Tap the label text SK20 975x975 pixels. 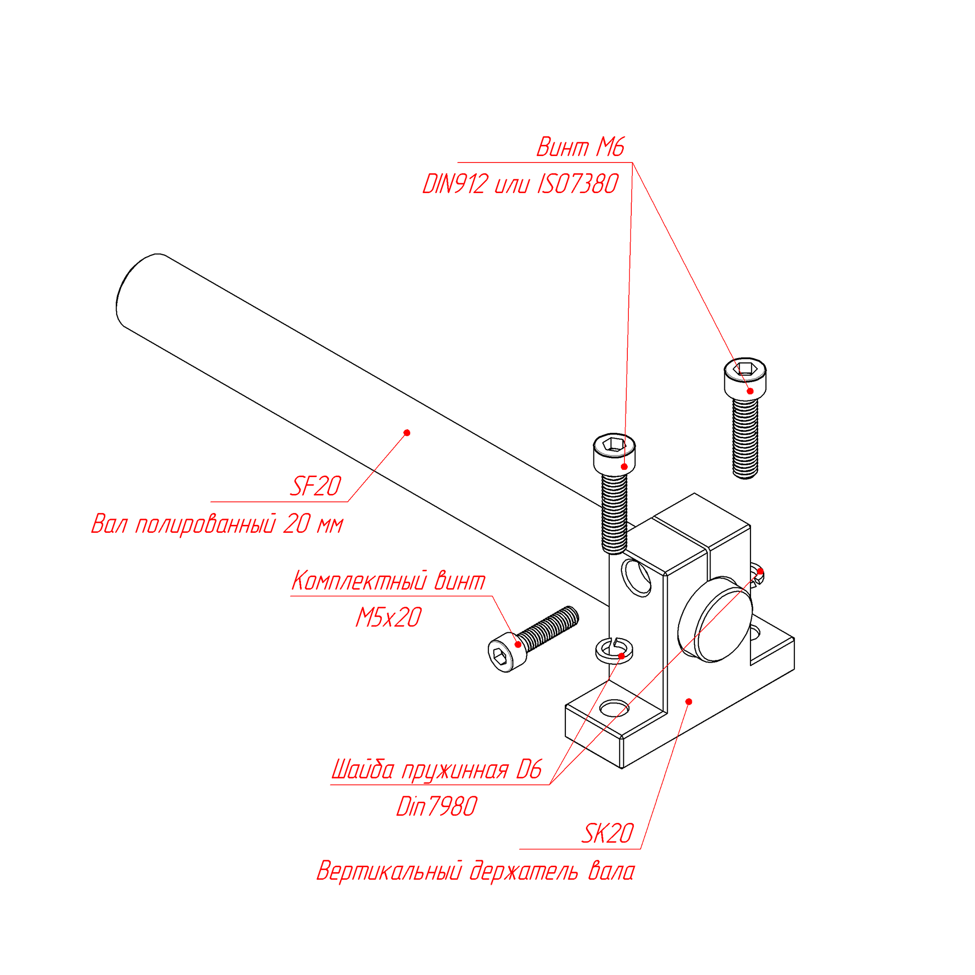pyautogui.click(x=607, y=833)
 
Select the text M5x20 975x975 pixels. pyautogui.click(x=388, y=617)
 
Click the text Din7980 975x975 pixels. pyautogui.click(x=436, y=807)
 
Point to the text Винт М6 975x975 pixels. pyautogui.click(x=581, y=147)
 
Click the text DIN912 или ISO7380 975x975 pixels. pyautogui.click(x=520, y=184)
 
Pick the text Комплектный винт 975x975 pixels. pyautogui.click(x=388, y=581)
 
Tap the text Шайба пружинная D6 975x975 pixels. pyautogui.click(x=436, y=770)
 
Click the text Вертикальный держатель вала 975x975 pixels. pyautogui.click(x=475, y=872)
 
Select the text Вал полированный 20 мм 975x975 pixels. pyautogui.click(x=217, y=524)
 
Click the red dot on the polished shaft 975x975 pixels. pyautogui.click(x=407, y=432)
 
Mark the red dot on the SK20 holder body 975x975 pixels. pyautogui.click(x=689, y=702)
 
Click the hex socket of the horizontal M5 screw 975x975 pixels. pyautogui.click(x=500, y=656)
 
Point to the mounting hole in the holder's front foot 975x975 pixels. pyautogui.click(x=614, y=709)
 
